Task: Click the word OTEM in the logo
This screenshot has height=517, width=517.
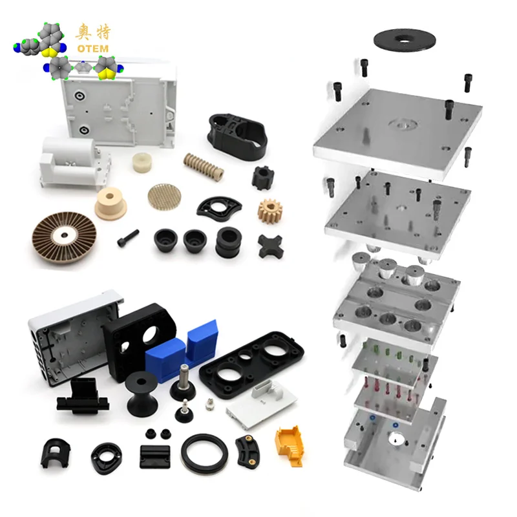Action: (x=92, y=49)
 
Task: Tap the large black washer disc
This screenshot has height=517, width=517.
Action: (x=405, y=40)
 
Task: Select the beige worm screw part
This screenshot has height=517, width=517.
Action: (x=204, y=166)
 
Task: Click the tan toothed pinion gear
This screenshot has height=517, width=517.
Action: (x=270, y=211)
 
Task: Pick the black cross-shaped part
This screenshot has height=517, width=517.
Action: (x=270, y=246)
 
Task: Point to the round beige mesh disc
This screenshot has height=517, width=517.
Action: (x=164, y=197)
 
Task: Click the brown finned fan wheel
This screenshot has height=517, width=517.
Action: (x=64, y=237)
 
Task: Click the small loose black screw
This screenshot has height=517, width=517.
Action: (x=128, y=238)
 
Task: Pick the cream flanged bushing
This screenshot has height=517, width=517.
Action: (x=111, y=203)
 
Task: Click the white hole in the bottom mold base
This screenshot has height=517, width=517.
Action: (x=394, y=439)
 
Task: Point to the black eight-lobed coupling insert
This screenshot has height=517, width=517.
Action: (x=263, y=178)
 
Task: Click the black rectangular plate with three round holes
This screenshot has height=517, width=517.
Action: (x=252, y=364)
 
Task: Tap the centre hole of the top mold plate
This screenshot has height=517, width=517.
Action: (x=403, y=124)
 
